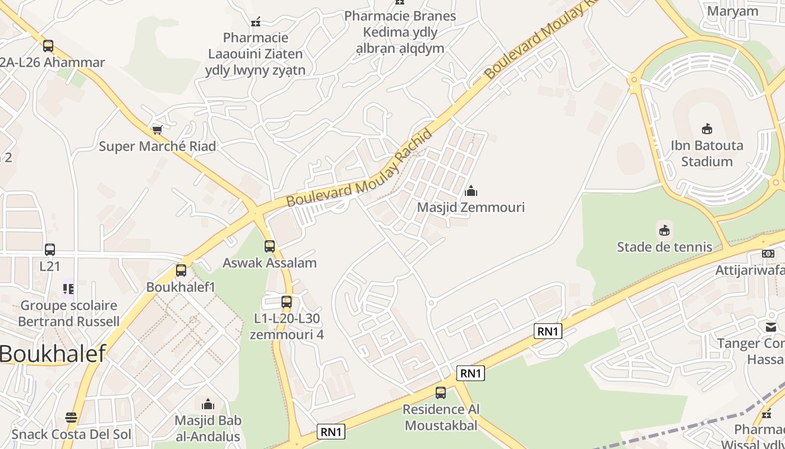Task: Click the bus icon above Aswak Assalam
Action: (270, 246)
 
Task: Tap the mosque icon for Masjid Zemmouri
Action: (471, 191)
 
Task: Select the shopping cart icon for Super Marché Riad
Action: (158, 130)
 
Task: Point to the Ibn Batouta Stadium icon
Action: (707, 129)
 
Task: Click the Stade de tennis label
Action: (664, 247)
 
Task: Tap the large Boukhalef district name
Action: (53, 354)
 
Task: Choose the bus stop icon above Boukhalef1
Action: (181, 270)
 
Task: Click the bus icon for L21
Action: (50, 249)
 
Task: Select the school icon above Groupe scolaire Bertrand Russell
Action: (68, 289)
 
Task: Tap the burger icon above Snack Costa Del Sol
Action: (71, 418)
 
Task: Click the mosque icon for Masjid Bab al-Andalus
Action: (208, 404)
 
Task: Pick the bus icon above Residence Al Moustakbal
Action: (441, 393)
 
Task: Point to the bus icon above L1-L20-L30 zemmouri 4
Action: (287, 302)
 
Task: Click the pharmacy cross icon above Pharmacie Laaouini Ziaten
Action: (256, 22)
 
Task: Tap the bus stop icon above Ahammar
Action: (48, 45)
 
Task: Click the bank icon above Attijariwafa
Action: (768, 254)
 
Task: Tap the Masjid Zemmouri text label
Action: (471, 207)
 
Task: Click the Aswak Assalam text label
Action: (270, 263)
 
